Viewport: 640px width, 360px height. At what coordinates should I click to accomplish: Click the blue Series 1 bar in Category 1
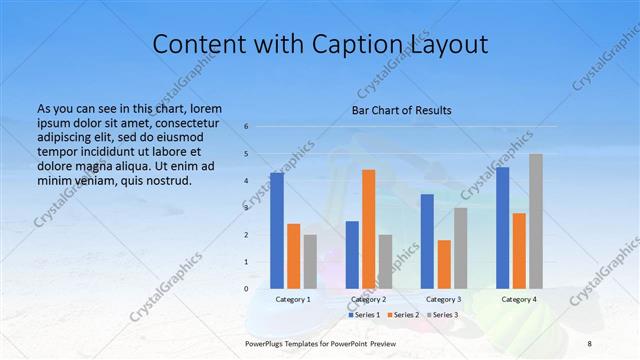point(277,231)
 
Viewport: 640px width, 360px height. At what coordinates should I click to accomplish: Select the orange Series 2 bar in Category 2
point(368,229)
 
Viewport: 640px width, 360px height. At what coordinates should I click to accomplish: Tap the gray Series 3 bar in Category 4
point(536,221)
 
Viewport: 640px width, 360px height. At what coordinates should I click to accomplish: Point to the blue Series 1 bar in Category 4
point(503,228)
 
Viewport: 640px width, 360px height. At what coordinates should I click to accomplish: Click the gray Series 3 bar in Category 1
point(310,262)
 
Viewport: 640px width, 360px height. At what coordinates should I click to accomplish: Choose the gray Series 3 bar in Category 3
point(460,248)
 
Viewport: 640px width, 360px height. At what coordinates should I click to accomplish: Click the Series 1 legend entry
point(365,315)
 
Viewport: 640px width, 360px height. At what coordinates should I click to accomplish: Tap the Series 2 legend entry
point(402,315)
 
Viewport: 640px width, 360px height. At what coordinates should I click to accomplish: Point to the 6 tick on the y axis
point(246,127)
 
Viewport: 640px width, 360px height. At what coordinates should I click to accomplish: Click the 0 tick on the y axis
point(246,289)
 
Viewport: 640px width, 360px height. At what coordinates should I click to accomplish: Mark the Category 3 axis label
point(444,299)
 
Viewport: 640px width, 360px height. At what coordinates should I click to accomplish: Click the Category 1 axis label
point(293,299)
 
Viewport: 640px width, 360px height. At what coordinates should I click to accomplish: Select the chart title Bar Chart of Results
point(401,110)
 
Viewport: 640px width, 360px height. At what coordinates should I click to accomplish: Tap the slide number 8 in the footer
point(589,343)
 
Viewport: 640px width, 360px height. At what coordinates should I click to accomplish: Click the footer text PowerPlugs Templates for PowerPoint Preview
point(320,343)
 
